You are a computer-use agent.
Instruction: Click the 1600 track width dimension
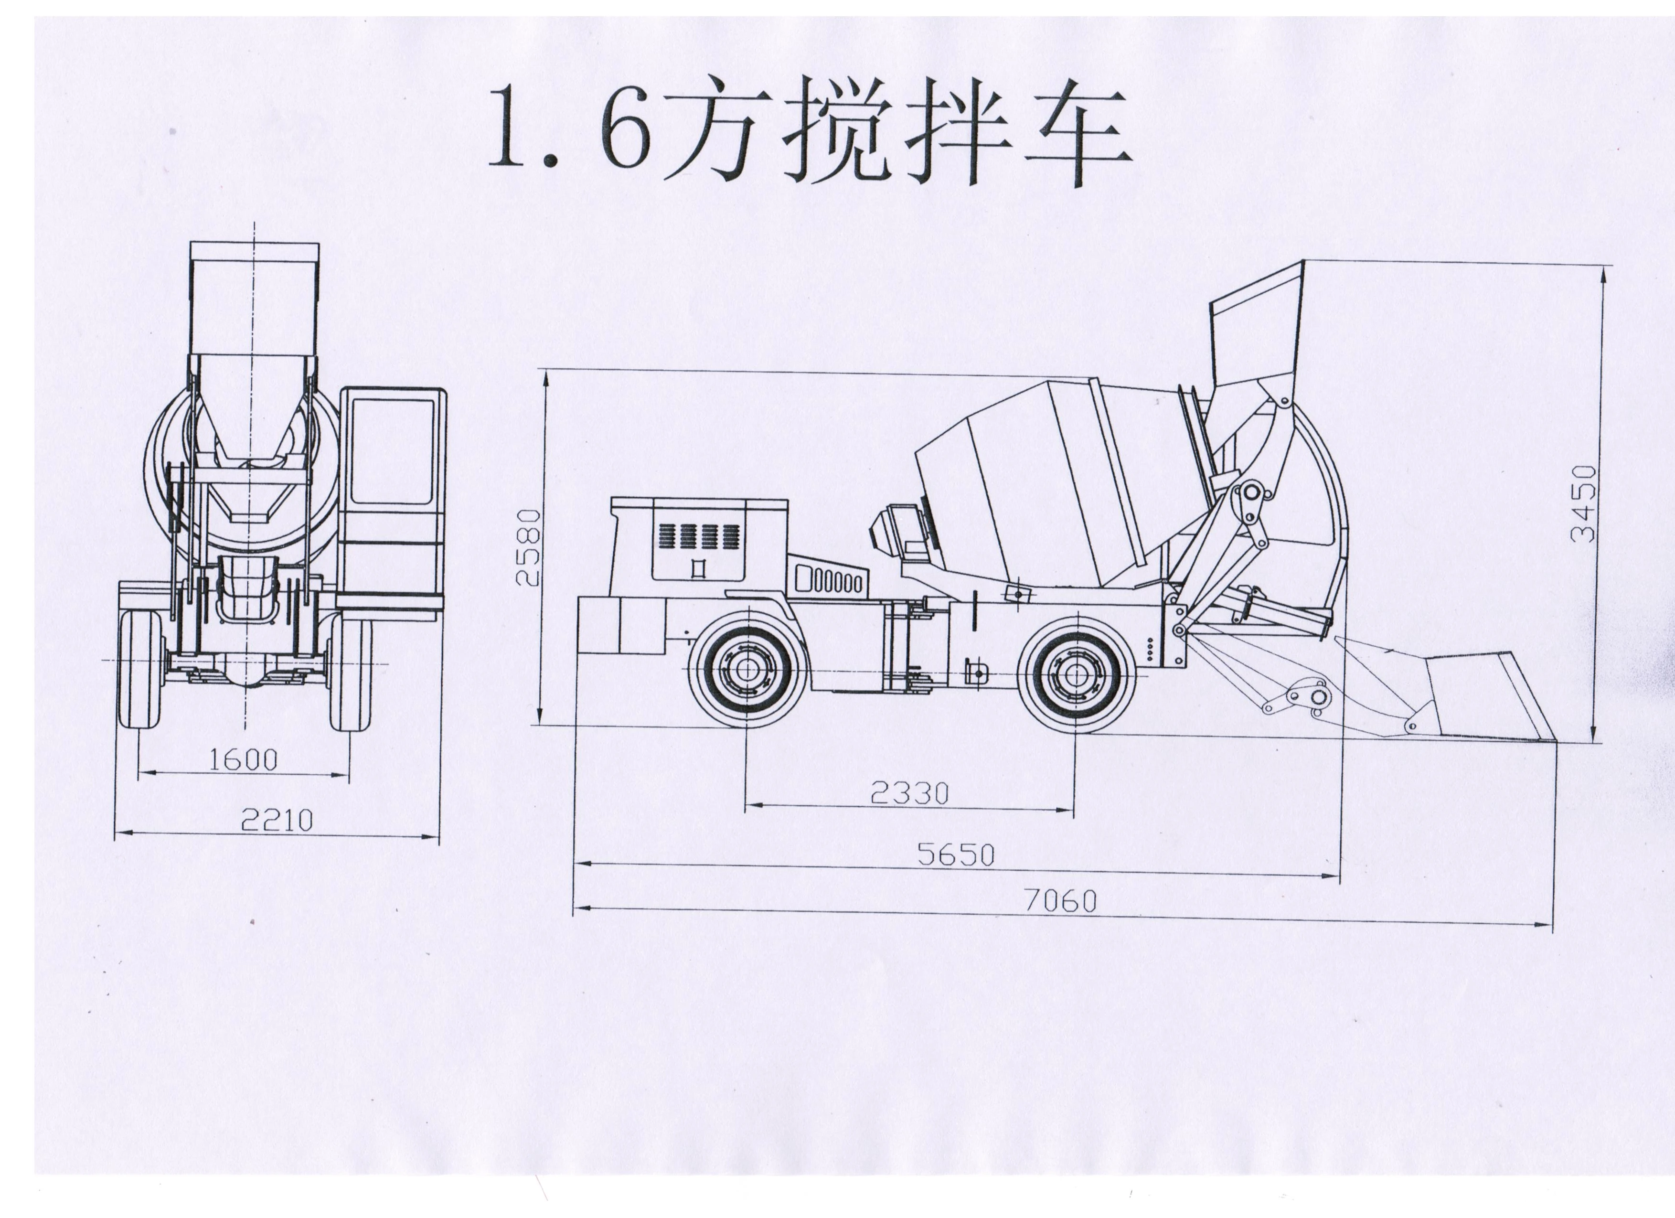[243, 760]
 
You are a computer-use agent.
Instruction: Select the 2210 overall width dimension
[277, 820]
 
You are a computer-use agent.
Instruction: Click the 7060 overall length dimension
[1060, 900]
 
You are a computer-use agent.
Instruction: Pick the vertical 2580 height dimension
[529, 546]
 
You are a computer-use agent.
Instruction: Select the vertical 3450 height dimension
[1583, 503]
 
